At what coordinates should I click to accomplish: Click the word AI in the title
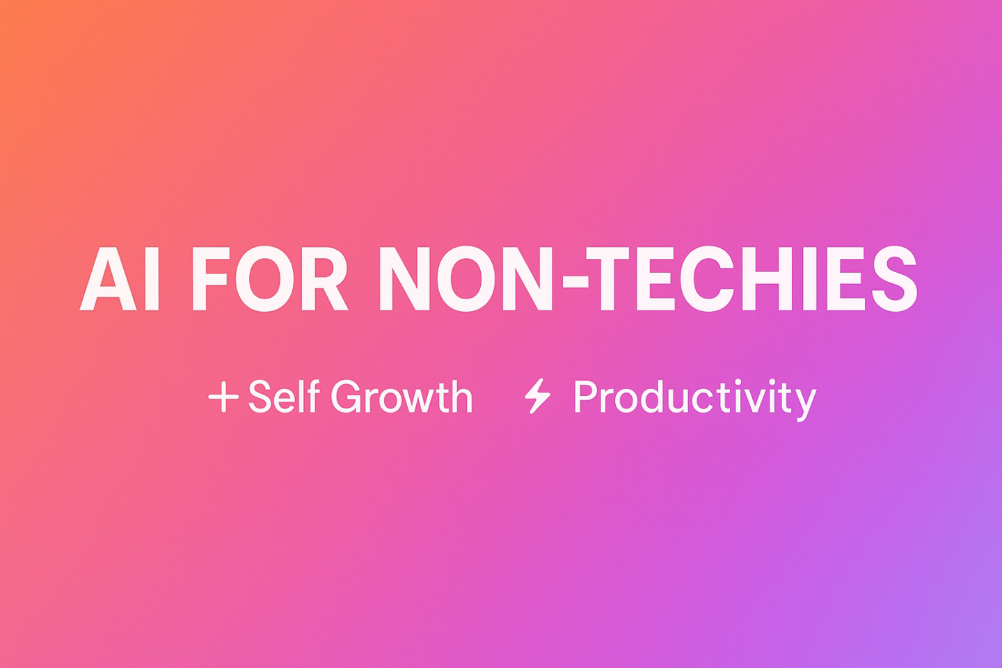119,278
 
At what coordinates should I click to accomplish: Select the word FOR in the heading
270,278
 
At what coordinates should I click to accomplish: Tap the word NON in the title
466,278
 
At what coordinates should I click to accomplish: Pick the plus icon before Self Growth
223,397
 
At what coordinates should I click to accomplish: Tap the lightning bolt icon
537,396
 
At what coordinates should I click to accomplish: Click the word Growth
401,397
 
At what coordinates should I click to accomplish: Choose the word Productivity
695,399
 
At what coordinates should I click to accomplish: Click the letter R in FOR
324,278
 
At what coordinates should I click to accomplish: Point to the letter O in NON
466,278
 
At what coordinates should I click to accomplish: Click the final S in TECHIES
894,278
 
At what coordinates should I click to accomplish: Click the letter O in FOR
265,278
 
